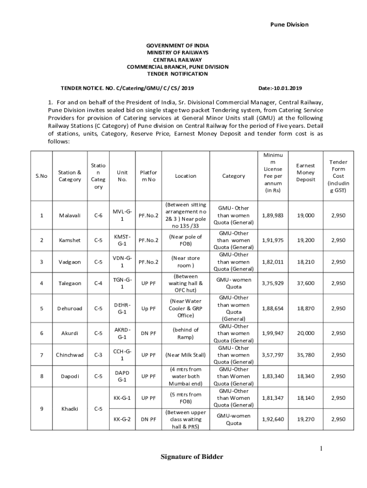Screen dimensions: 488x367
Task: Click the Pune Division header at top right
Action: coord(289,24)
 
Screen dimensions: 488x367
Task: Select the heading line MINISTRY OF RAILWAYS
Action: coord(177,52)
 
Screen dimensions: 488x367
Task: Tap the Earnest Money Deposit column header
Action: coord(305,173)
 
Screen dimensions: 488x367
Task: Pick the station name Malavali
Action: coord(70,215)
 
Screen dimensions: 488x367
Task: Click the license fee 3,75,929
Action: coord(273,283)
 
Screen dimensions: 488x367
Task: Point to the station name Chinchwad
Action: coord(70,355)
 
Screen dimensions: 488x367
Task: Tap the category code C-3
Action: coord(98,355)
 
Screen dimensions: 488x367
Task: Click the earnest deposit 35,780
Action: coord(306,355)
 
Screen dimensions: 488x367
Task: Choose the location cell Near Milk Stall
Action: coord(185,355)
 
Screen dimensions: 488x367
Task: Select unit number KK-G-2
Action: coord(122,419)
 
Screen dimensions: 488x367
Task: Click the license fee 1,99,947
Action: coord(273,334)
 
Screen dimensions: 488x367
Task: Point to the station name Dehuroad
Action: coord(70,308)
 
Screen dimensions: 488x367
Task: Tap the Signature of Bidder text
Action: coord(192,457)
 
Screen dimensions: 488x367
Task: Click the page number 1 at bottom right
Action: coord(322,448)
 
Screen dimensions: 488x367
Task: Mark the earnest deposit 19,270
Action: coord(306,419)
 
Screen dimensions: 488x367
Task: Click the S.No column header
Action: coord(42,176)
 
